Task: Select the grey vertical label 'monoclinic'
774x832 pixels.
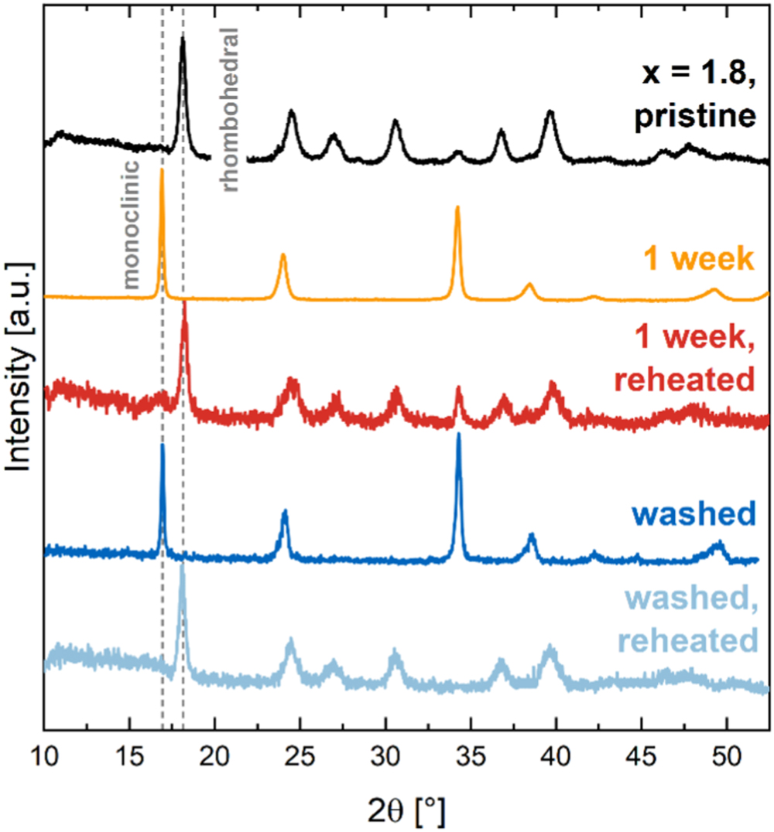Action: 132,224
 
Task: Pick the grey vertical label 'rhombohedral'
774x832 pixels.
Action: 230,108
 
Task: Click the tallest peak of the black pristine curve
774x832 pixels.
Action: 183,39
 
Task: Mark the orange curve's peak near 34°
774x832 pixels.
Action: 457,207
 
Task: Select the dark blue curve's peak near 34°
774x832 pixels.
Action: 459,435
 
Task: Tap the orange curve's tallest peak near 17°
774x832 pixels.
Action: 162,170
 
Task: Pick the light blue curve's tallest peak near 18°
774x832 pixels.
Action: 183,567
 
